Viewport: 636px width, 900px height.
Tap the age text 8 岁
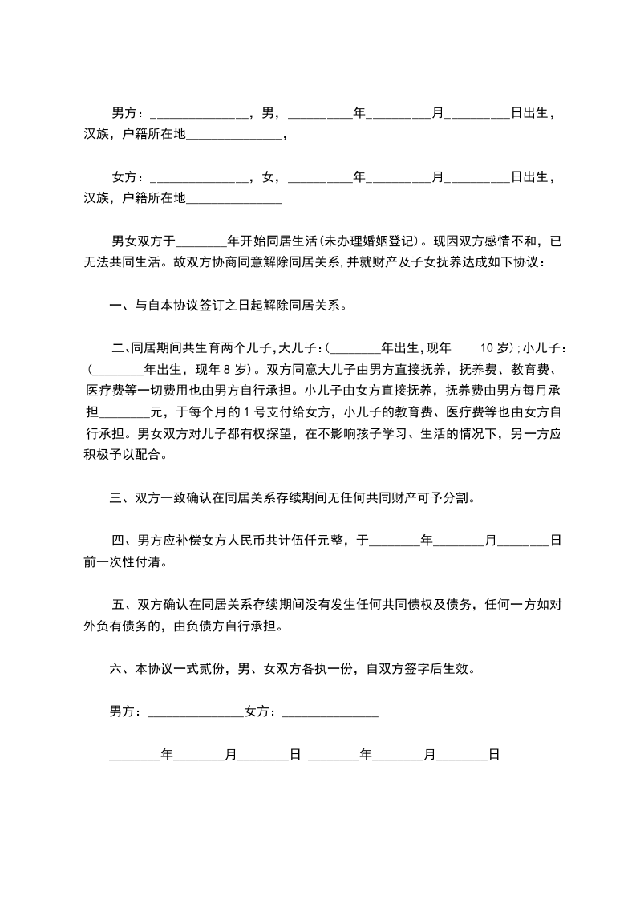click(229, 370)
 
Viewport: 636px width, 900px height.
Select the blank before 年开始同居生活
click(201, 240)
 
